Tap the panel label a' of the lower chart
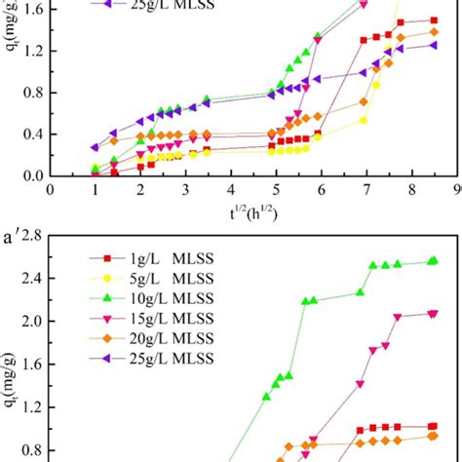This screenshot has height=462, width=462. click(x=12, y=235)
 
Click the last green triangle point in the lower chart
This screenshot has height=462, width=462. click(x=433, y=260)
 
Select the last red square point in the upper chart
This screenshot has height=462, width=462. click(x=433, y=19)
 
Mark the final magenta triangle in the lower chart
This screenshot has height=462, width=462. click(x=433, y=313)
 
